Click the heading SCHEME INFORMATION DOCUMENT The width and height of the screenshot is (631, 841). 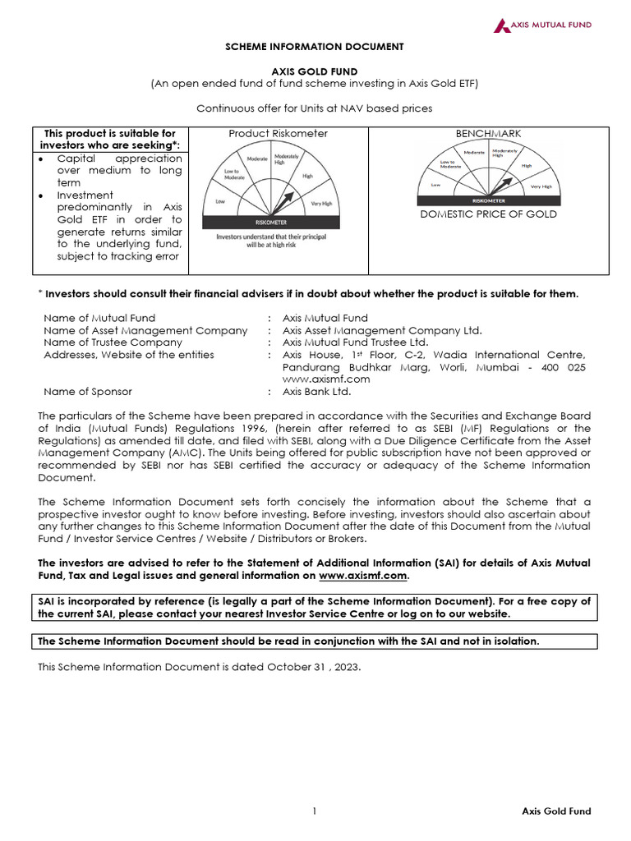pos(315,48)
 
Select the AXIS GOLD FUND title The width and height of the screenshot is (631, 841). pos(315,72)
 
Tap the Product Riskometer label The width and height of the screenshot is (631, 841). pos(278,133)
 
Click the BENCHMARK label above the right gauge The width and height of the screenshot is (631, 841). pos(488,133)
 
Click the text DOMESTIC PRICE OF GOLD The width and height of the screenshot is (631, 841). pos(488,214)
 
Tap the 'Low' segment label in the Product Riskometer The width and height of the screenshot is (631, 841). pos(220,200)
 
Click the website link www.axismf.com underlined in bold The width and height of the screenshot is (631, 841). pos(362,576)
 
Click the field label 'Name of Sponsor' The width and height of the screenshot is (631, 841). pos(88,392)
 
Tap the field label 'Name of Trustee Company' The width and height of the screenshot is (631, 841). pos(113,342)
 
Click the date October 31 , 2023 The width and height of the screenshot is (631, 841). pos(315,666)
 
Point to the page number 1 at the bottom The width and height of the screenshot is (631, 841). pos(315,811)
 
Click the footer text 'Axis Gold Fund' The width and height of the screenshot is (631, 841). pos(556,811)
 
